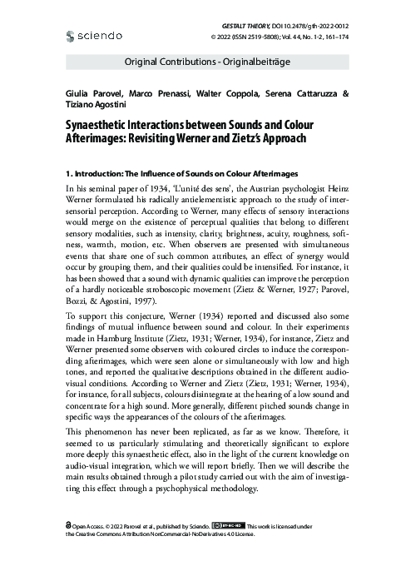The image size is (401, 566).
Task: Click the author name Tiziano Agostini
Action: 92,106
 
